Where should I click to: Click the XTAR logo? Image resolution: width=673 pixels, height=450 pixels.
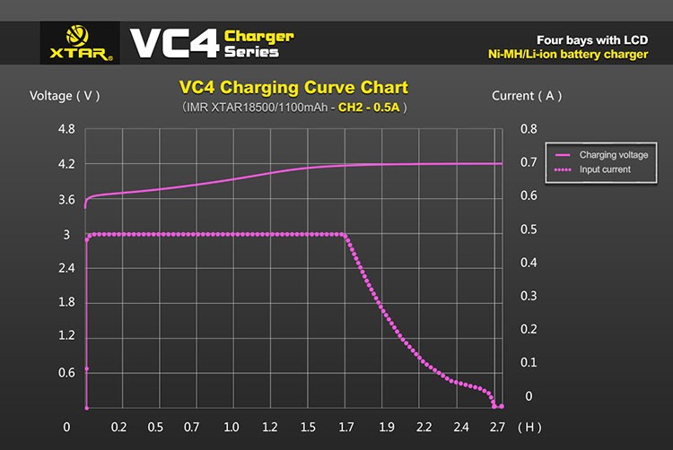pyautogui.click(x=77, y=43)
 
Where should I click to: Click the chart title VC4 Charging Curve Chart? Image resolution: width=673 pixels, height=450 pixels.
pyautogui.click(x=293, y=88)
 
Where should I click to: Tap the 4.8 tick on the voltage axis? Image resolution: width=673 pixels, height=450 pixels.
pyautogui.click(x=66, y=130)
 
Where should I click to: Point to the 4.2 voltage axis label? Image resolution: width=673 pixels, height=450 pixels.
pyautogui.click(x=66, y=165)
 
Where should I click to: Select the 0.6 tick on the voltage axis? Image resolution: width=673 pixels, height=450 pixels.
pyautogui.click(x=66, y=373)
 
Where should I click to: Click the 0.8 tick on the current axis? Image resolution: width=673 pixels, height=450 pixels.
pyautogui.click(x=529, y=129)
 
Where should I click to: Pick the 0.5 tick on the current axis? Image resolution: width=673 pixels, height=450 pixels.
pyautogui.click(x=529, y=229)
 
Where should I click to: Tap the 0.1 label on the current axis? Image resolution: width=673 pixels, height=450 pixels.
pyautogui.click(x=529, y=363)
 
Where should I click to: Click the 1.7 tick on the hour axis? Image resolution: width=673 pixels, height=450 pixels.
pyautogui.click(x=346, y=427)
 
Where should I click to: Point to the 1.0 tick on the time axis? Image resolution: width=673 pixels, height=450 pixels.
pyautogui.click(x=232, y=427)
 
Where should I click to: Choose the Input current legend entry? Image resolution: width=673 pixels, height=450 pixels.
pyautogui.click(x=605, y=169)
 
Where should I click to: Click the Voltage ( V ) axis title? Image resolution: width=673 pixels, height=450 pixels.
pyautogui.click(x=66, y=96)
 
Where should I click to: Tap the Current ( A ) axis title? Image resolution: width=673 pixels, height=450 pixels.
pyautogui.click(x=527, y=96)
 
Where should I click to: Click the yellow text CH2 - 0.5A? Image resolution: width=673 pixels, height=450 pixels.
pyautogui.click(x=369, y=107)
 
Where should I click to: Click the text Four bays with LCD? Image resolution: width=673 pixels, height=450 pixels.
pyautogui.click(x=591, y=39)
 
